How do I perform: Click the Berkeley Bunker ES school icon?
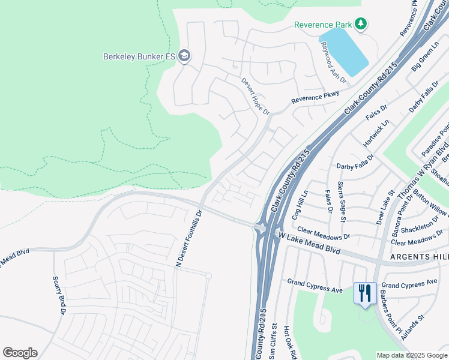[x=184, y=56]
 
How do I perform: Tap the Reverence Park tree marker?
[x=360, y=24]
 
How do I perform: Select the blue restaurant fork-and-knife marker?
[x=365, y=293]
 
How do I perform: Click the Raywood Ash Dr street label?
[x=333, y=62]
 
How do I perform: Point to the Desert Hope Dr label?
[x=256, y=96]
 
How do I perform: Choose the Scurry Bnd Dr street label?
[x=58, y=295]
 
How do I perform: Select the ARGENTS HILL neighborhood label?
[x=419, y=257]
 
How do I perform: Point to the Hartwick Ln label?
[x=376, y=133]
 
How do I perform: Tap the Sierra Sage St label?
[x=341, y=202]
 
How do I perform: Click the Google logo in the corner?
[x=20, y=353]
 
